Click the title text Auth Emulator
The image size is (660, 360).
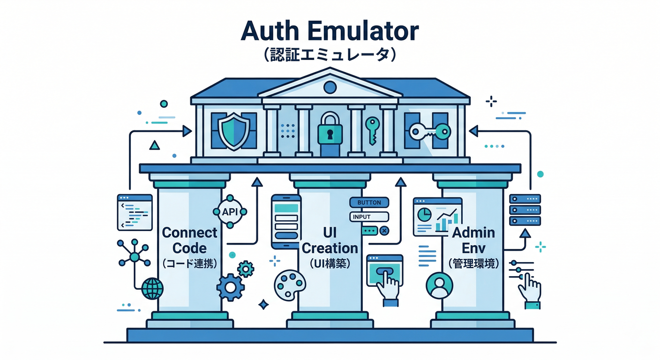[x=330, y=31]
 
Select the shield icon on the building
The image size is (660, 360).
[x=233, y=133]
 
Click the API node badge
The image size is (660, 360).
[x=230, y=212]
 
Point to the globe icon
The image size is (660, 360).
[x=152, y=288]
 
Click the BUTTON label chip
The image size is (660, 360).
[x=369, y=202]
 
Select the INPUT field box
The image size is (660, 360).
[x=369, y=217]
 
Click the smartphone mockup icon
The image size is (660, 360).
[x=286, y=221]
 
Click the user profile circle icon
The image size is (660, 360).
[x=439, y=285]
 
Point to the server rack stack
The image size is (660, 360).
[x=525, y=210]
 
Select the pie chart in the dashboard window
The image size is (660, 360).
[x=425, y=214]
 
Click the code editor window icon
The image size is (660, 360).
[x=135, y=212]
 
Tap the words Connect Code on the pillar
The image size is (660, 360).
[x=189, y=240]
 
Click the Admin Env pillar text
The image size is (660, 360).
[x=473, y=240]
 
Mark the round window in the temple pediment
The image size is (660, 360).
[x=330, y=87]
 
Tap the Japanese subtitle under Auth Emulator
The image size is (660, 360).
[x=330, y=55]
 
